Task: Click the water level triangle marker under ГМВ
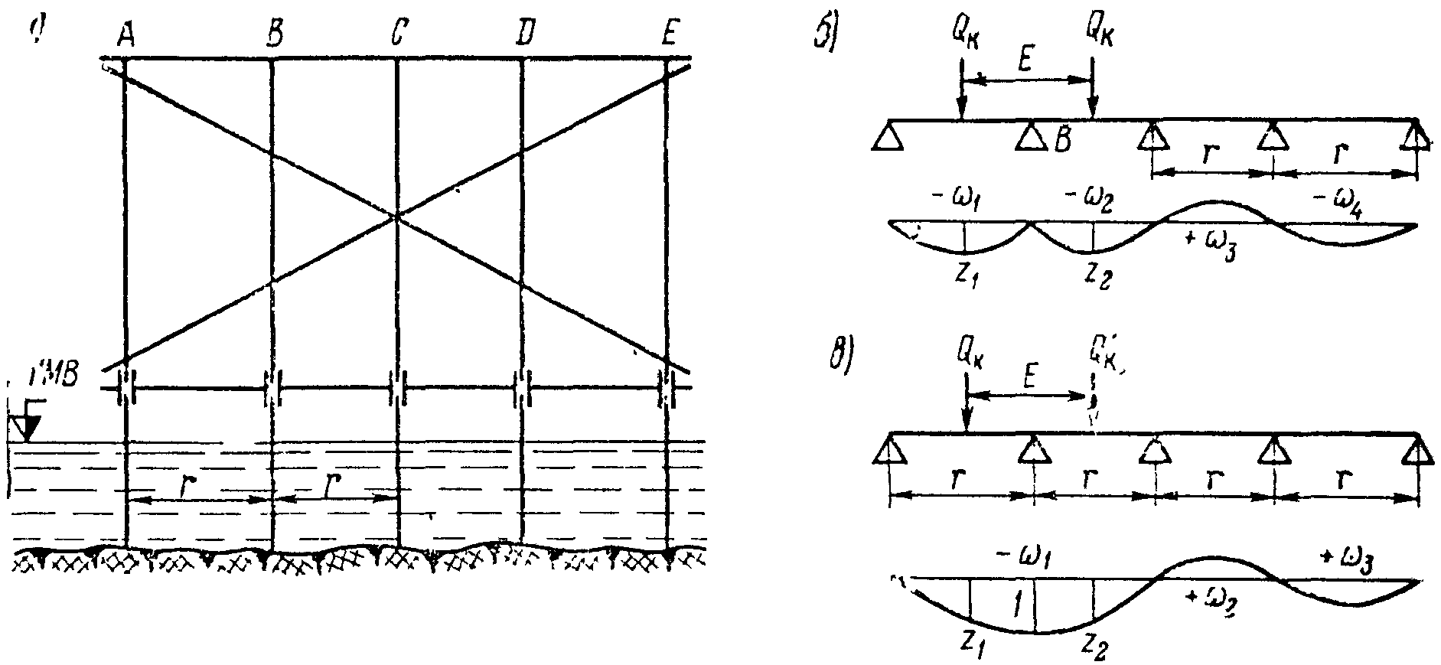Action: (x=27, y=428)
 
